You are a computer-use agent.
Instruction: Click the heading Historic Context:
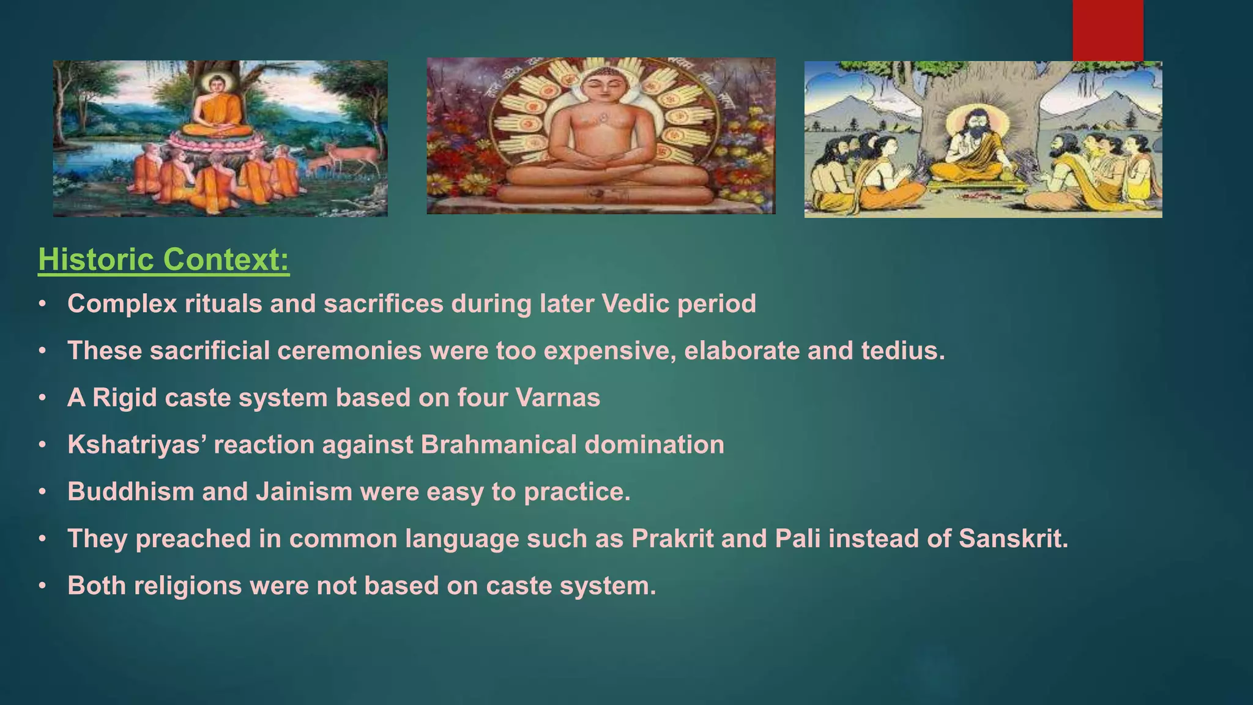163,259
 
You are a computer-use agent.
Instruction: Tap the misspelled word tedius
903,351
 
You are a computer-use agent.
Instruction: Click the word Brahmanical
499,445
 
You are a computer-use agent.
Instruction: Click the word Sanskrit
1013,539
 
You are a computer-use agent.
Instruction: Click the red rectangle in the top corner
1107,29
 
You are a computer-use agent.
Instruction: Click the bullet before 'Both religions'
42,586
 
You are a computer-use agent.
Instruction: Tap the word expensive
609,351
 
